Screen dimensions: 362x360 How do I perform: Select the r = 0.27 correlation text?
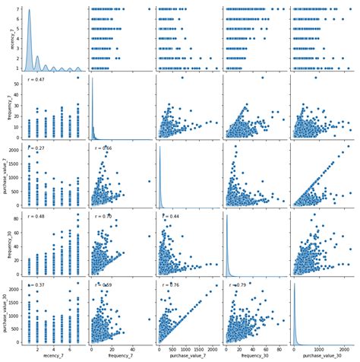point(36,148)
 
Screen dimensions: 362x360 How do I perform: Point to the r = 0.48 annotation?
point(36,217)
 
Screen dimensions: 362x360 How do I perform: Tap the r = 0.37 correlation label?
point(36,285)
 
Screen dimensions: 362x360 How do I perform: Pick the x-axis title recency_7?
point(53,356)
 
